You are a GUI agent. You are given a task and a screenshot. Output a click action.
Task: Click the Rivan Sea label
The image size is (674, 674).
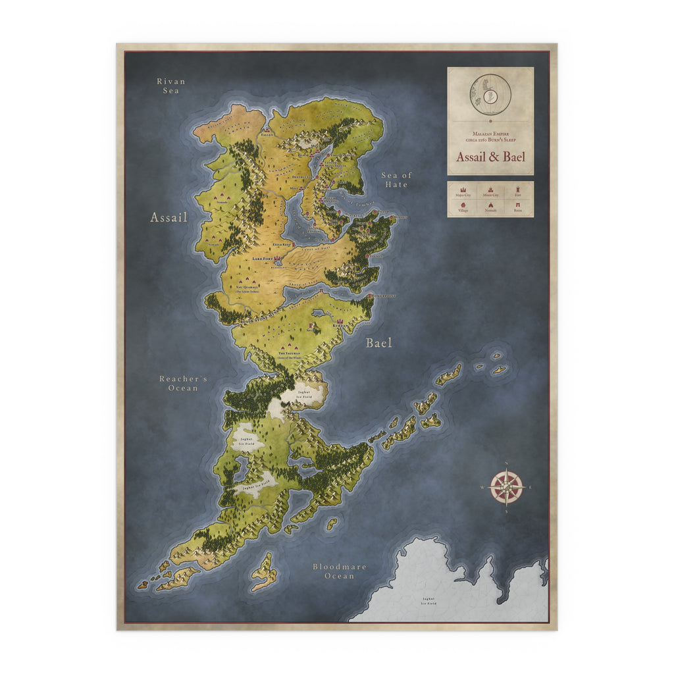coord(171,86)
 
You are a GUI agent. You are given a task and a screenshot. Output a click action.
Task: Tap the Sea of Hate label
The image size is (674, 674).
coord(396,180)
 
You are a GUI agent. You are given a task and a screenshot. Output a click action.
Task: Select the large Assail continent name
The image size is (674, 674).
coord(169,217)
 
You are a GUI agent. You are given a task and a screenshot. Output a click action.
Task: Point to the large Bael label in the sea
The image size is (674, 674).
coord(378,343)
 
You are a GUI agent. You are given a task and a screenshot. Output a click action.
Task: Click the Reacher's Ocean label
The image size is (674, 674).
coord(183,383)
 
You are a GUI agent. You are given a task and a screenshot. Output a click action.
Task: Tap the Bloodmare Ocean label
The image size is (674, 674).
coord(340,571)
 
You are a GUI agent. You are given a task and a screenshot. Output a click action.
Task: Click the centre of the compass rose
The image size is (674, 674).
coord(507,488)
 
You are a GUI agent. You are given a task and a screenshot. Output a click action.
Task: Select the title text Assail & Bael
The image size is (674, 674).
coord(490,157)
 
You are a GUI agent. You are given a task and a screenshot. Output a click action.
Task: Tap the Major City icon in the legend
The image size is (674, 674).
coord(463,190)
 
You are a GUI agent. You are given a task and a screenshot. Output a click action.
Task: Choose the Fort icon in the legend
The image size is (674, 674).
coord(518,190)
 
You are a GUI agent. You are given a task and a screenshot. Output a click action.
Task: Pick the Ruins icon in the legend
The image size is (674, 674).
coord(518,206)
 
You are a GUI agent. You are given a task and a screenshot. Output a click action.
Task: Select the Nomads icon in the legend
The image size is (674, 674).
coord(490,206)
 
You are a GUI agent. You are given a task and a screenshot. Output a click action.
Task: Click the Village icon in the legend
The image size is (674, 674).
coord(463,206)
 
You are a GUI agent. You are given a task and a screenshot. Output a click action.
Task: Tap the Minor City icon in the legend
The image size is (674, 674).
coord(490,190)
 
